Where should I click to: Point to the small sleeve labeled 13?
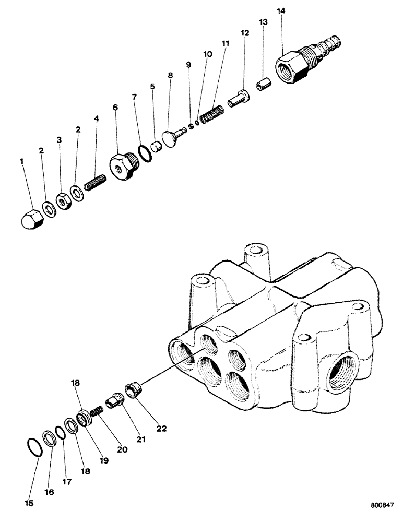(x=263, y=84)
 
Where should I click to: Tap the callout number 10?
(x=207, y=54)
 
